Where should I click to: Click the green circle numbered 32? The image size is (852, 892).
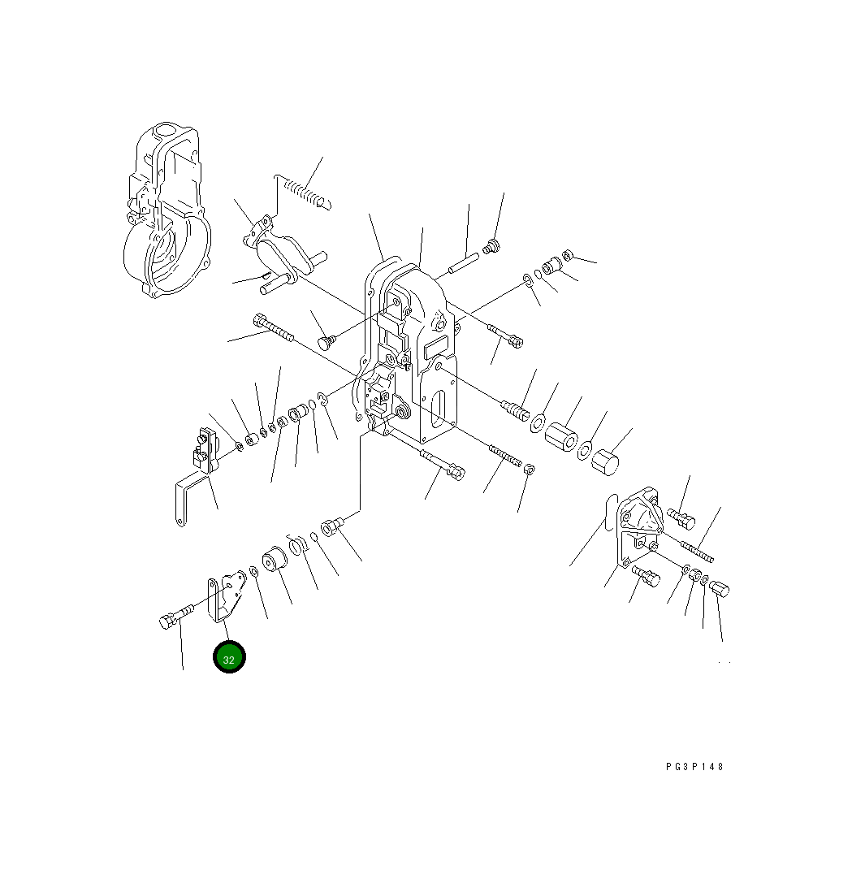tap(229, 657)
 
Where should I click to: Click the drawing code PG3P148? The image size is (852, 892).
tap(694, 767)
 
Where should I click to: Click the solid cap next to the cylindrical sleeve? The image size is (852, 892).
tap(605, 461)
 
